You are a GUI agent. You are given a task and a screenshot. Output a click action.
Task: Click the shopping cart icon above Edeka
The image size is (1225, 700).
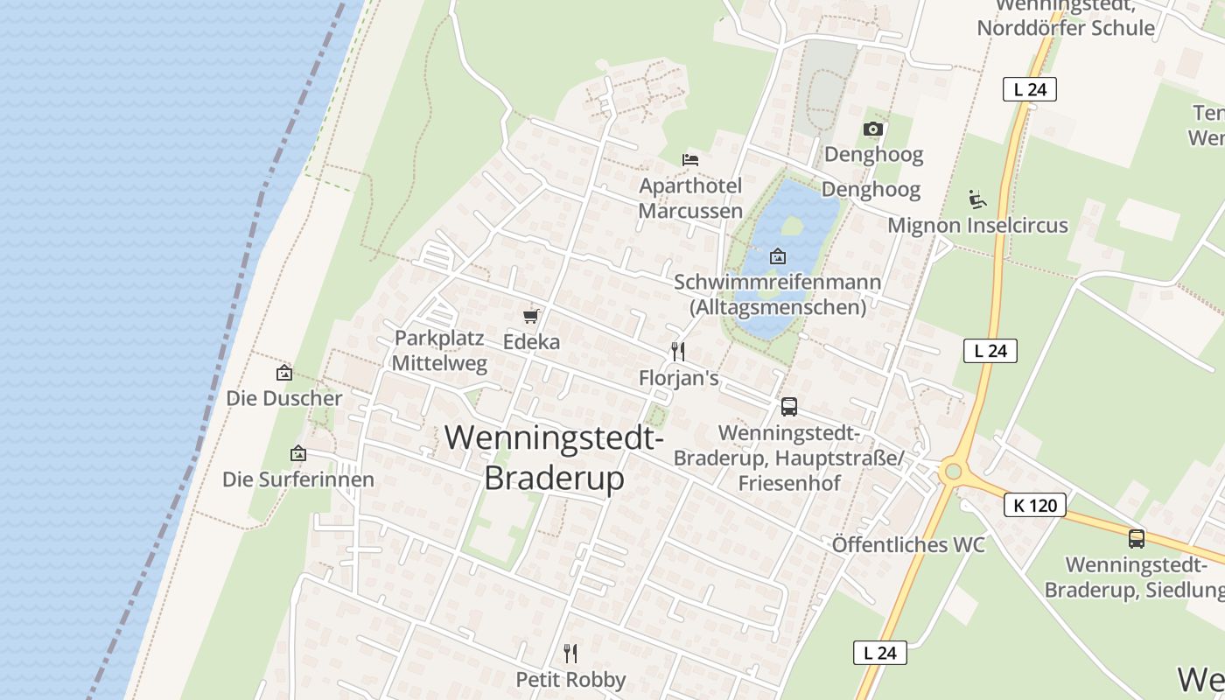(x=530, y=316)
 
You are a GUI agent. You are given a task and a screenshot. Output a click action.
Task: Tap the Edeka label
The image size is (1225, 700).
(x=531, y=342)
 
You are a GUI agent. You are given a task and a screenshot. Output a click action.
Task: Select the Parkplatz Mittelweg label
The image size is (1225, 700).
(x=439, y=350)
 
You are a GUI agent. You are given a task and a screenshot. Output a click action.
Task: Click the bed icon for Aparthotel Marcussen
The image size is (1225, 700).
(x=690, y=159)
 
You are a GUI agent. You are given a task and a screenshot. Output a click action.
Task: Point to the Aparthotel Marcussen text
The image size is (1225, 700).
(x=690, y=198)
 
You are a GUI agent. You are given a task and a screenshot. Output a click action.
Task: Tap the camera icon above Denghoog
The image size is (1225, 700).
(x=872, y=129)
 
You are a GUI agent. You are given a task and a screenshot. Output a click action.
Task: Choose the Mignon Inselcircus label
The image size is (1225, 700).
(x=977, y=226)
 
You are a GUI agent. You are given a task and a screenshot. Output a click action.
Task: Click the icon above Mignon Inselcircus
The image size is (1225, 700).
(x=977, y=199)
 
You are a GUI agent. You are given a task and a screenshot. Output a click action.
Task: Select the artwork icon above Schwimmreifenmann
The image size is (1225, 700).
(x=777, y=256)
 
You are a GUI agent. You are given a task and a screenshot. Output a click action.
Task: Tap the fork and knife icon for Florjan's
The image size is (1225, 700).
(x=677, y=352)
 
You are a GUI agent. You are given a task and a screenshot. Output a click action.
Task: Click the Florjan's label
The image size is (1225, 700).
(x=679, y=378)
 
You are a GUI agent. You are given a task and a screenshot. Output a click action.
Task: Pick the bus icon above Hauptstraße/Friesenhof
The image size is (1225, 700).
(x=788, y=406)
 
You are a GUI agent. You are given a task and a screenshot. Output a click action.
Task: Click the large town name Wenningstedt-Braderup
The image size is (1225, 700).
(x=555, y=457)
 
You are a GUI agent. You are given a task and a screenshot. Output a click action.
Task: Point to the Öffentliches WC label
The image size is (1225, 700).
(x=908, y=544)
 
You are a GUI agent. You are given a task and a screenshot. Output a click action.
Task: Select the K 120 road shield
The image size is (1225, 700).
(x=1034, y=505)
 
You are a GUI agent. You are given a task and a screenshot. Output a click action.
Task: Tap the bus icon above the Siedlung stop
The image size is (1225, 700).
(x=1136, y=539)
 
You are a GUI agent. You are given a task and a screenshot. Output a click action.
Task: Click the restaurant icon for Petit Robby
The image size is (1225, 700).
(x=570, y=653)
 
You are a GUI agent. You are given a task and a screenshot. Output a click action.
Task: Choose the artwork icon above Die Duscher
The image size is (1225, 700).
(x=284, y=373)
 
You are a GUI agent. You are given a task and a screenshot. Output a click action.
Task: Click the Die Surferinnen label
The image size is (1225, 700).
(x=297, y=479)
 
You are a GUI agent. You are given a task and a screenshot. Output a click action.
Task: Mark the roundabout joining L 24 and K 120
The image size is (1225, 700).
(x=953, y=472)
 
